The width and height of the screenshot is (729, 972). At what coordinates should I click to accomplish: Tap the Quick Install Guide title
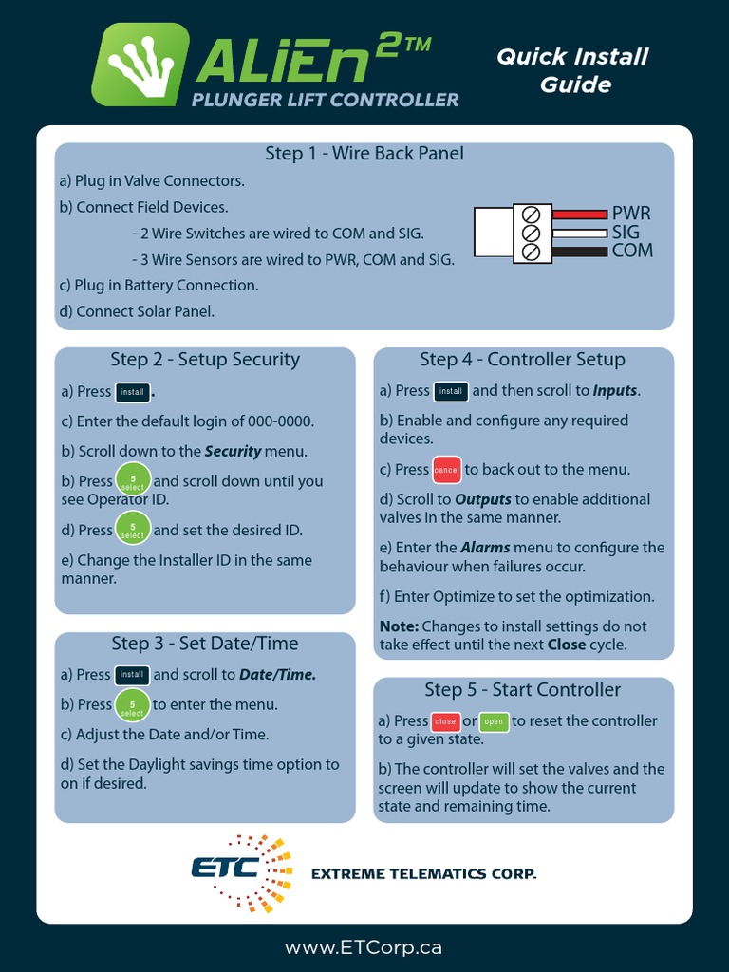[x=573, y=70]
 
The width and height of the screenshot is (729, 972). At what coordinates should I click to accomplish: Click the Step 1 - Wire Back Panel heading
[x=364, y=153]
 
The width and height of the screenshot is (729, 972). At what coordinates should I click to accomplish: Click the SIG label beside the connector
[x=626, y=232]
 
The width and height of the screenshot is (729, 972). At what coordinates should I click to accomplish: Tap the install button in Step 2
[x=133, y=391]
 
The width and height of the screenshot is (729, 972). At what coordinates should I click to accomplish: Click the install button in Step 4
[x=451, y=391]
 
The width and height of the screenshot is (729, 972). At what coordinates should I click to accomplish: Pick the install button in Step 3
[x=132, y=675]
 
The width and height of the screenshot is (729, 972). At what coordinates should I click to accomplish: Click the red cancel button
[x=446, y=470]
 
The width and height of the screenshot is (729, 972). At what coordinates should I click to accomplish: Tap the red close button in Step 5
[x=445, y=721]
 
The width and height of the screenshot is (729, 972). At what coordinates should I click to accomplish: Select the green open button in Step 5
[x=494, y=721]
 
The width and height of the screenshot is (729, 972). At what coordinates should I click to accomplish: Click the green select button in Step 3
[x=132, y=705]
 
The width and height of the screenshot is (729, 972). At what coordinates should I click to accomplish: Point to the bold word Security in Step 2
[x=233, y=451]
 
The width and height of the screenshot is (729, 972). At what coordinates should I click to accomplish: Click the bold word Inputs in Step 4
[x=615, y=390]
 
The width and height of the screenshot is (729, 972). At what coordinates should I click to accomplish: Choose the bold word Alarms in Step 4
[x=485, y=547]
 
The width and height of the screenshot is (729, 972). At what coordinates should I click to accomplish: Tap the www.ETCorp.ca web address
[x=364, y=947]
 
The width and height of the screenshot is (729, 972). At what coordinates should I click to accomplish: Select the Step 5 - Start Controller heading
[x=522, y=689]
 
